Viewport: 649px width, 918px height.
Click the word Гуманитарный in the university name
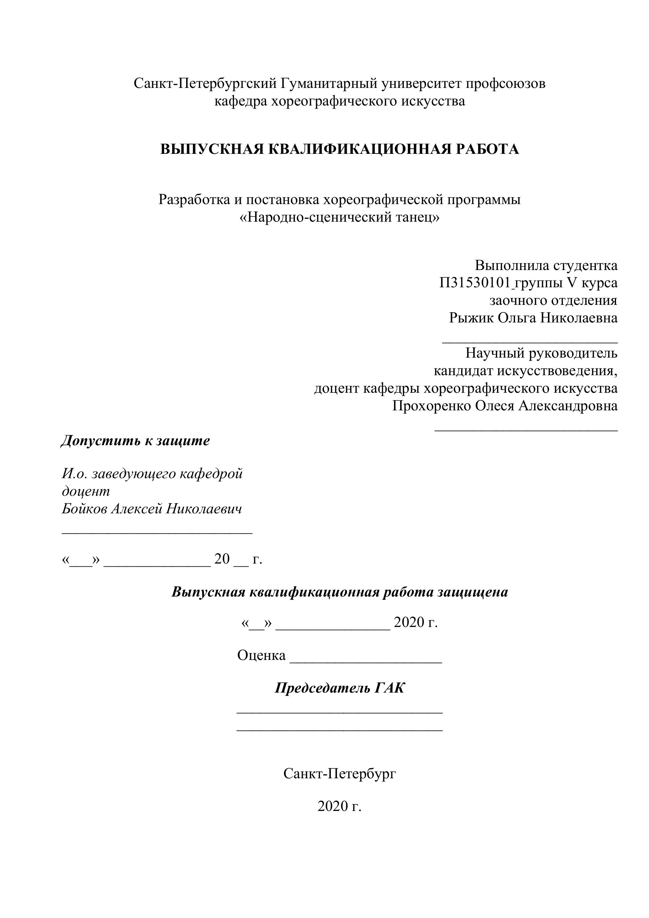click(329, 84)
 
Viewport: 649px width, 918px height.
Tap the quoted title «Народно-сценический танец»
click(339, 217)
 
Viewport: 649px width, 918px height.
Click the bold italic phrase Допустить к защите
click(135, 440)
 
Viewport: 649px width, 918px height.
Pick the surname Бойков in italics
click(84, 509)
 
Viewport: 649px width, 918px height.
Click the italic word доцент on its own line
click(86, 491)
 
